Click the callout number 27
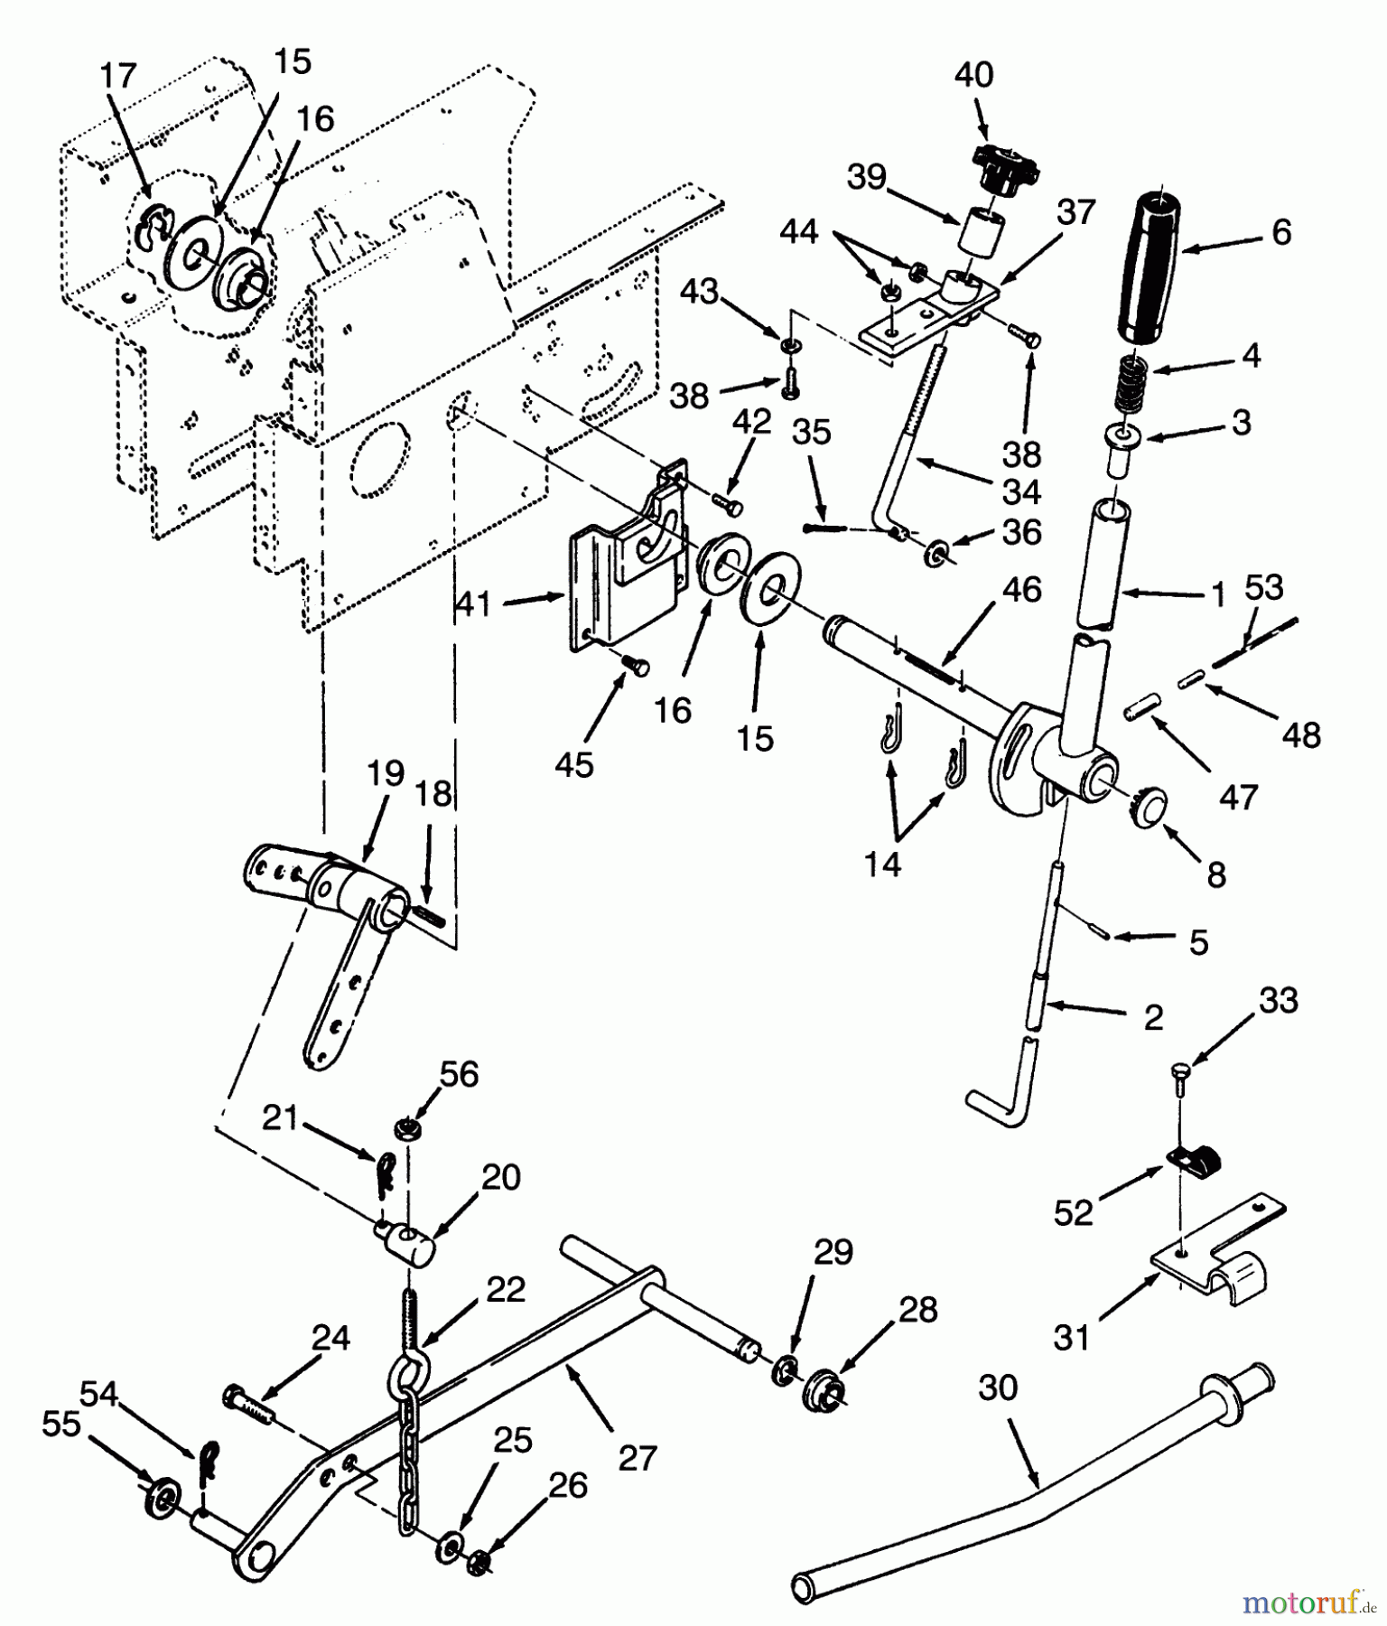pyautogui.click(x=638, y=1457)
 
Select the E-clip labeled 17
pyautogui.click(x=151, y=234)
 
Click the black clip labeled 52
pyautogui.click(x=1191, y=1160)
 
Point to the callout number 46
pyautogui.click(x=1021, y=590)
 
